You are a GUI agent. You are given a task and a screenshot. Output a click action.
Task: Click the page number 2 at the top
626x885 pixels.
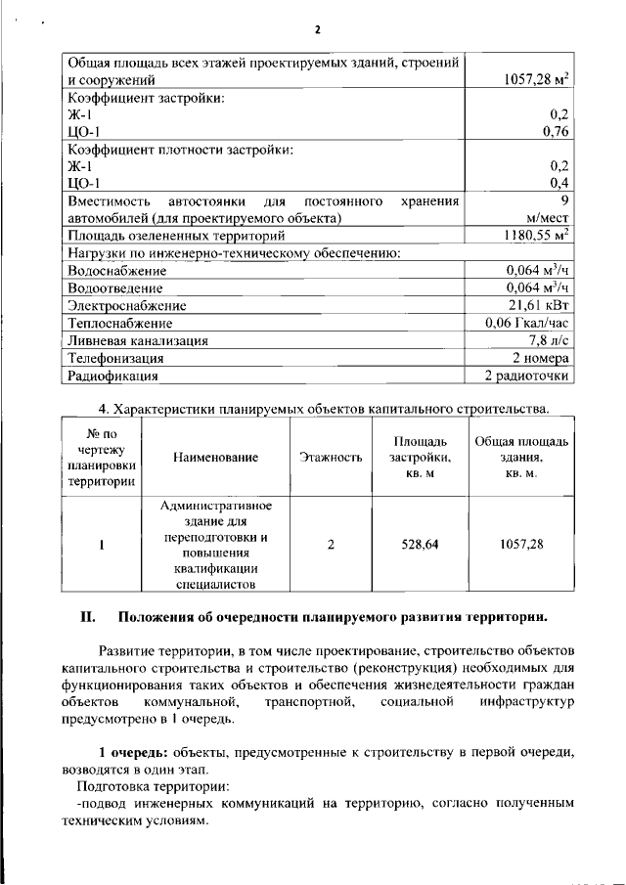click(317, 29)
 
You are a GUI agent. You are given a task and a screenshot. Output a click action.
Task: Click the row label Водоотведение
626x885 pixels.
click(114, 288)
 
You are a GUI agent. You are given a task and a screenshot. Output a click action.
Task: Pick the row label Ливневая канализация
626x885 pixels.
click(136, 340)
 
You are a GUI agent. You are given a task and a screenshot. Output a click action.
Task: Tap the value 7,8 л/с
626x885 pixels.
click(549, 340)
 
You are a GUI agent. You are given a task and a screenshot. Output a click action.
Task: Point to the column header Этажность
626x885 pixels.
click(331, 457)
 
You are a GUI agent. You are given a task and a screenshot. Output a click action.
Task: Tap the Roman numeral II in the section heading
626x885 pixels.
click(87, 617)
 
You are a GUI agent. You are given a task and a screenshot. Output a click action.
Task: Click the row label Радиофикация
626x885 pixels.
click(112, 376)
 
